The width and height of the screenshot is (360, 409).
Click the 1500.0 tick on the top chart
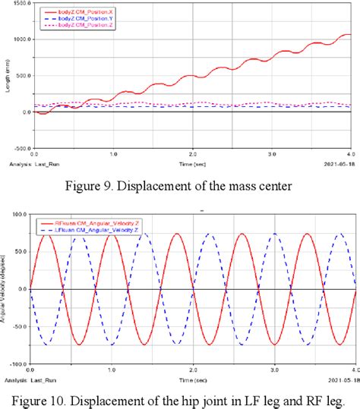coord(18,3)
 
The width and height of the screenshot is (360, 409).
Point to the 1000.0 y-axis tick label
coord(18,39)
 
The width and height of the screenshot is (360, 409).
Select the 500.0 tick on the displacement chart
coord(20,75)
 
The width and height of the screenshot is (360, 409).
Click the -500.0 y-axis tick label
coord(18,148)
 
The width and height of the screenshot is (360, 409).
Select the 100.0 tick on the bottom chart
coord(20,215)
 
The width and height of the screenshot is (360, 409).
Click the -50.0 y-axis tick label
coord(20,326)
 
